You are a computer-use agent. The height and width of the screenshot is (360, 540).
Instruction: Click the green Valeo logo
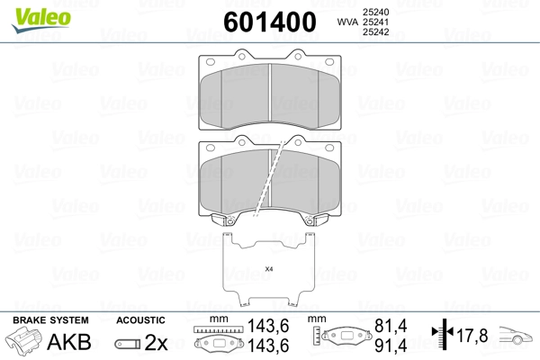pos(41,20)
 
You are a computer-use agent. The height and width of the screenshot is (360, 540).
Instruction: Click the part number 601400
pos(270,22)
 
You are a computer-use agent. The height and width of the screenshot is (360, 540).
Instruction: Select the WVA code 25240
pos(375,12)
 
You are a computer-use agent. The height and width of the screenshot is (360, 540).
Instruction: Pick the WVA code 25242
pos(375,32)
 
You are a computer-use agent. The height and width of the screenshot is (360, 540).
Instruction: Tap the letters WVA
pos(347,22)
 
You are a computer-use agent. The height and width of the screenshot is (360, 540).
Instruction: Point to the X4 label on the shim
pos(269,269)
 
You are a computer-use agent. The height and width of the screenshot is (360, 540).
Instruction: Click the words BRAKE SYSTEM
pos(50,320)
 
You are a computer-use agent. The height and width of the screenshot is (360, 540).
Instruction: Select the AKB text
pos(69,342)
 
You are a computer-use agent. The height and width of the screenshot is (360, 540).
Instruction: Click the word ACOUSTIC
pos(140,320)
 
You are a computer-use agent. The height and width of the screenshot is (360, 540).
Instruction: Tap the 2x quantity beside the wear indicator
pos(156,342)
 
